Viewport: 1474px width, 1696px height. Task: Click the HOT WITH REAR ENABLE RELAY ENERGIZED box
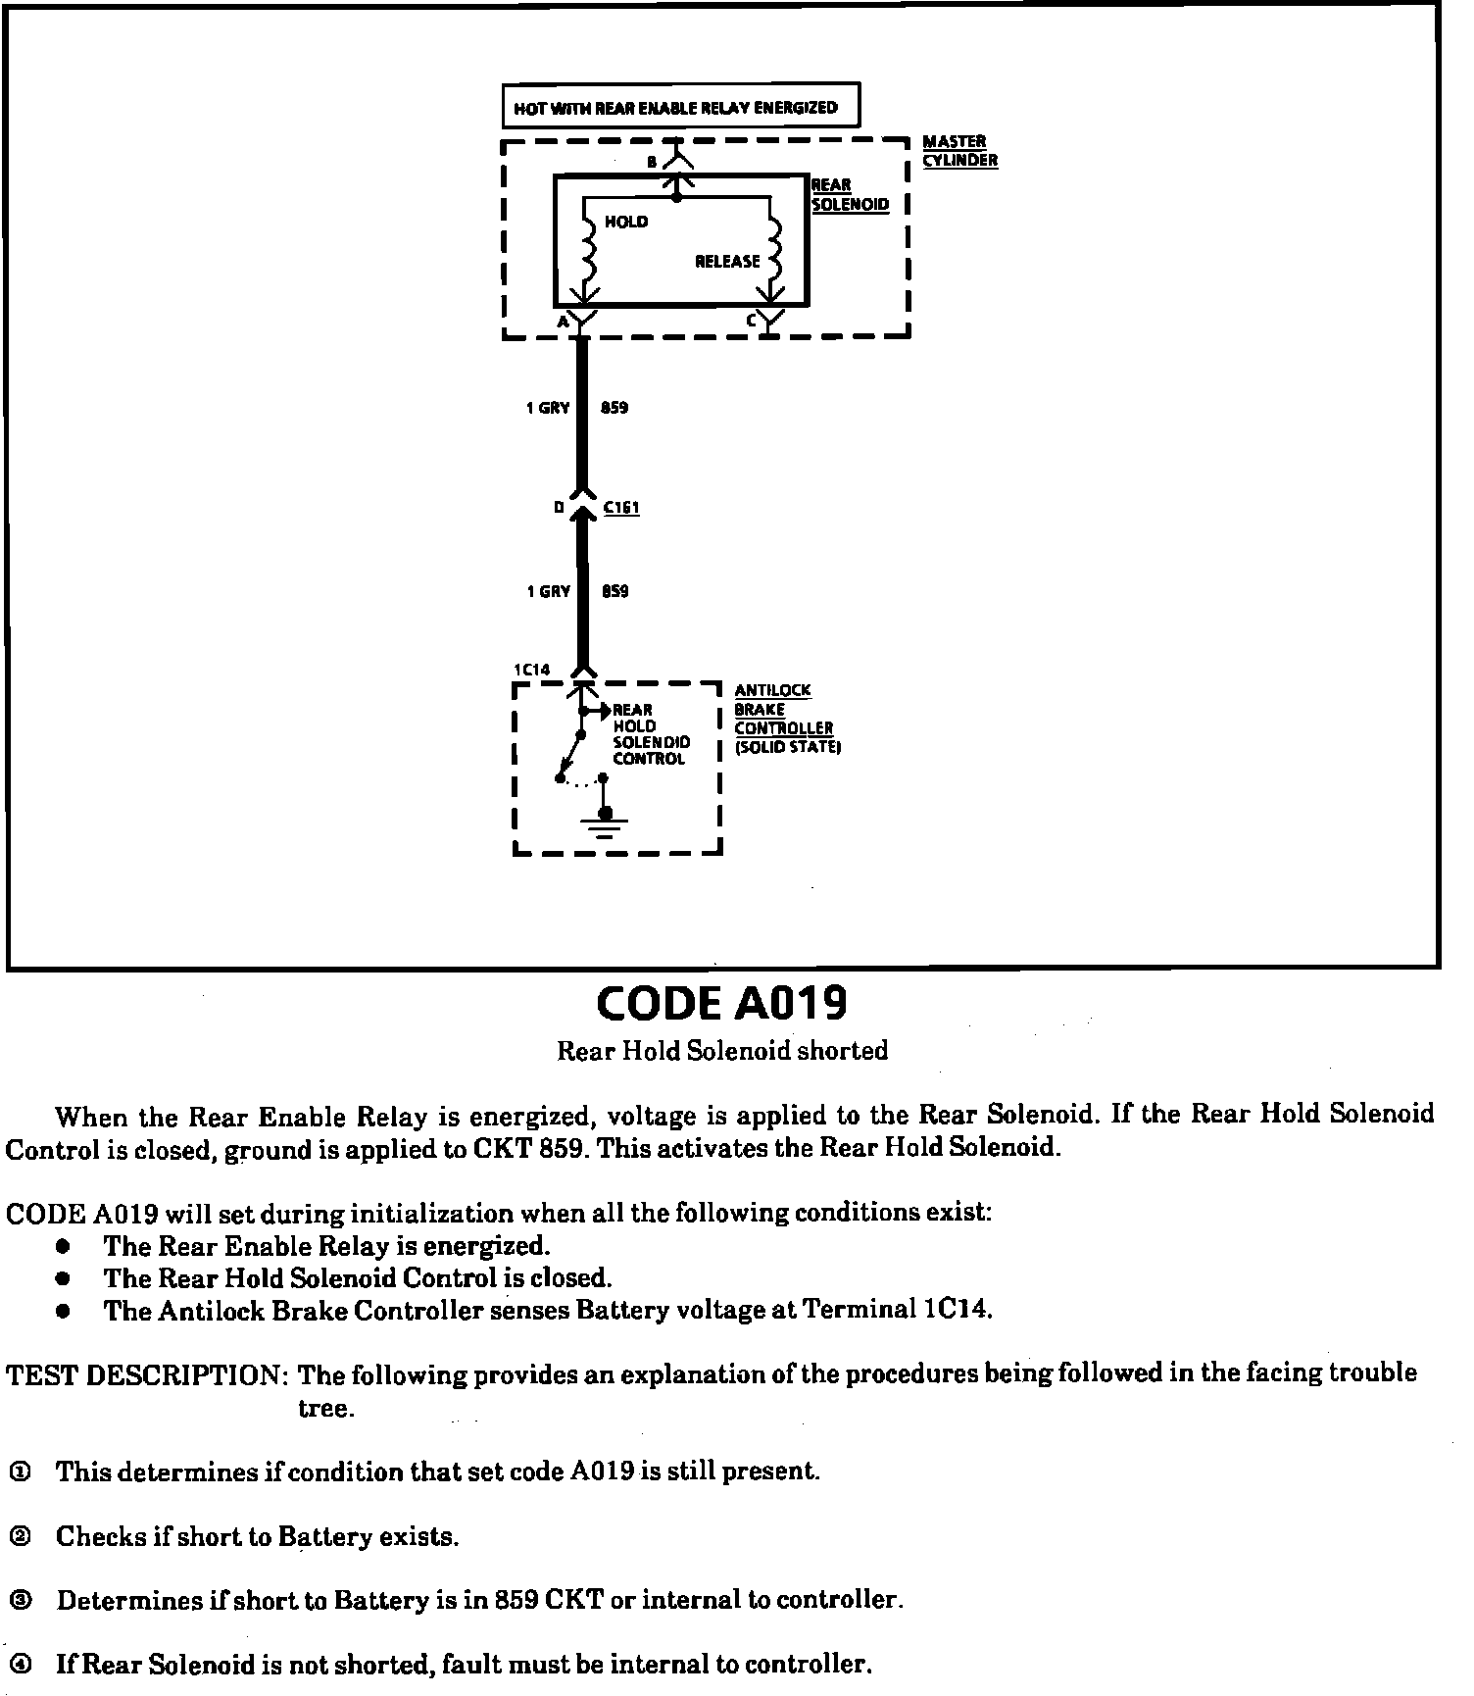(680, 107)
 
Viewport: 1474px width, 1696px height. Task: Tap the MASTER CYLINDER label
(959, 151)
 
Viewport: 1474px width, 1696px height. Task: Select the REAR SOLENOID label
(850, 195)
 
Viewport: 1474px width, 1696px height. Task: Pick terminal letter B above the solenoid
(653, 163)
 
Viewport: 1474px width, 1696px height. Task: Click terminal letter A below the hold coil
(563, 322)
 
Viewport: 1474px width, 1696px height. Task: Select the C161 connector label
(621, 508)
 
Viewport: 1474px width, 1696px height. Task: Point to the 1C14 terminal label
(532, 670)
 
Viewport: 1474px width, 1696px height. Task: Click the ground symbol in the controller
(606, 824)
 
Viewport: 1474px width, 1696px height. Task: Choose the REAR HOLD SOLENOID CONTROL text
(651, 734)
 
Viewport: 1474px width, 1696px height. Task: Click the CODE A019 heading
(721, 1003)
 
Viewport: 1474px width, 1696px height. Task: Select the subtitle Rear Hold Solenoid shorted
(722, 1051)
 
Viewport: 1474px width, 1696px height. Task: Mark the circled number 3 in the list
(20, 1601)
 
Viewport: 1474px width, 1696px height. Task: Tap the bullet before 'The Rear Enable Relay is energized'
(64, 1246)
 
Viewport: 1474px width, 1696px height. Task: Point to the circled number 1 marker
(20, 1472)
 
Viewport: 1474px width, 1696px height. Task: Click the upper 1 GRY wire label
(548, 408)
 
